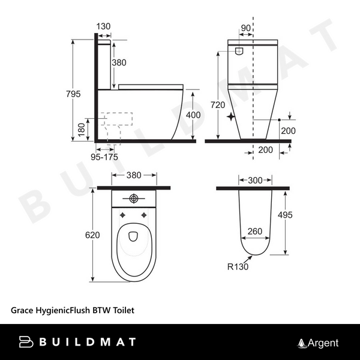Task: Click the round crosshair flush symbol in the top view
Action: (x=135, y=199)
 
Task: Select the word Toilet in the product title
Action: (x=122, y=311)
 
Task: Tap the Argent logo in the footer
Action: (x=319, y=343)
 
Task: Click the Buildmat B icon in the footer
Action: (x=28, y=343)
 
